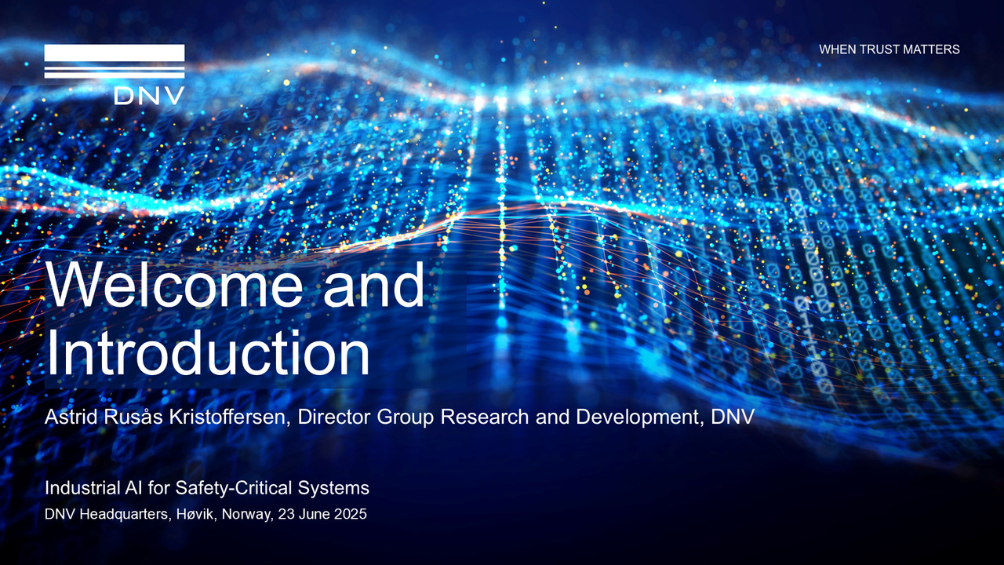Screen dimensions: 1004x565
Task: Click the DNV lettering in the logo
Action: [x=149, y=96]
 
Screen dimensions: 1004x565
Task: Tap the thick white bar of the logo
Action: [x=115, y=53]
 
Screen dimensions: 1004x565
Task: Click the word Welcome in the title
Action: [x=174, y=285]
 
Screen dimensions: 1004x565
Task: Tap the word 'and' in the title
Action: [x=374, y=285]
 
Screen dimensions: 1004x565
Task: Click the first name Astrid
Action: [x=71, y=417]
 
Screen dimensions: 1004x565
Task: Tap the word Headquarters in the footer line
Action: [x=125, y=514]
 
